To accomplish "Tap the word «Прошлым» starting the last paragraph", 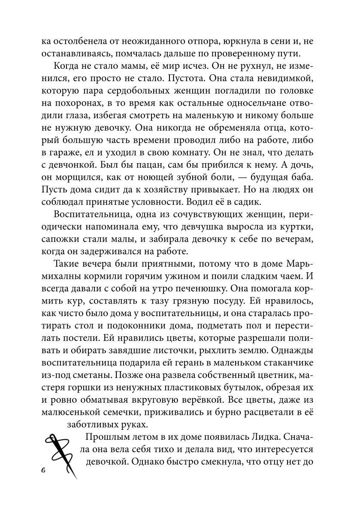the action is tap(106, 438).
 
